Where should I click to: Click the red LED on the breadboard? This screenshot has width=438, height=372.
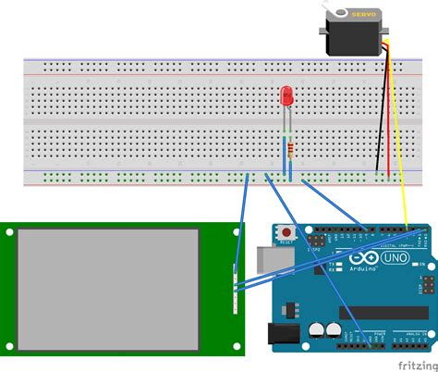(287, 95)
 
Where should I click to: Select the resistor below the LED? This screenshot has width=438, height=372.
(292, 149)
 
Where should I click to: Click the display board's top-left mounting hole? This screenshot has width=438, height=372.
(7, 230)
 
